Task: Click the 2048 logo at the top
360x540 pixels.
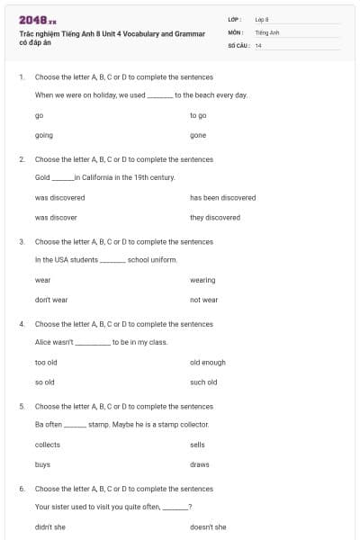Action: pyautogui.click(x=37, y=20)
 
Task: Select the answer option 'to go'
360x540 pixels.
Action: pyautogui.click(x=198, y=116)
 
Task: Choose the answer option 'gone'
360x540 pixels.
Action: pyautogui.click(x=198, y=135)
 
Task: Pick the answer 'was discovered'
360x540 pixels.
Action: pyautogui.click(x=59, y=197)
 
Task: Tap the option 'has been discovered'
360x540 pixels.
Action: pyautogui.click(x=222, y=197)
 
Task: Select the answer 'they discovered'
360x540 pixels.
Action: pyautogui.click(x=215, y=217)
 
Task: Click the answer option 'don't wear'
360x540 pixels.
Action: pyautogui.click(x=51, y=300)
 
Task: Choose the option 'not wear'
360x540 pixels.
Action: pyautogui.click(x=203, y=300)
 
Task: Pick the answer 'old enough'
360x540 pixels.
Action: pyautogui.click(x=208, y=362)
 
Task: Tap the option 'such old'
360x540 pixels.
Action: pyautogui.click(x=203, y=382)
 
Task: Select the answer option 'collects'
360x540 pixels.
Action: pyautogui.click(x=48, y=445)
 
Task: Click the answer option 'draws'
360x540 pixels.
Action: pyautogui.click(x=200, y=464)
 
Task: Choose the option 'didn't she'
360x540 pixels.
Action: pyautogui.click(x=50, y=526)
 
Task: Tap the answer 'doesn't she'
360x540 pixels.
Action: pyautogui.click(x=208, y=526)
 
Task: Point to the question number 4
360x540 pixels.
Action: pyautogui.click(x=21, y=324)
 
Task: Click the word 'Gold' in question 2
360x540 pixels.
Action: pyautogui.click(x=42, y=177)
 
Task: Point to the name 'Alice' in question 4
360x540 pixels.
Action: pyautogui.click(x=43, y=342)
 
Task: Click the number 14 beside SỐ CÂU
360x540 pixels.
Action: pyautogui.click(x=258, y=45)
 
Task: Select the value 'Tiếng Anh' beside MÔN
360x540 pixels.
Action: pyautogui.click(x=266, y=31)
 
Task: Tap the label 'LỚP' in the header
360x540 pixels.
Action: pyautogui.click(x=235, y=18)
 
